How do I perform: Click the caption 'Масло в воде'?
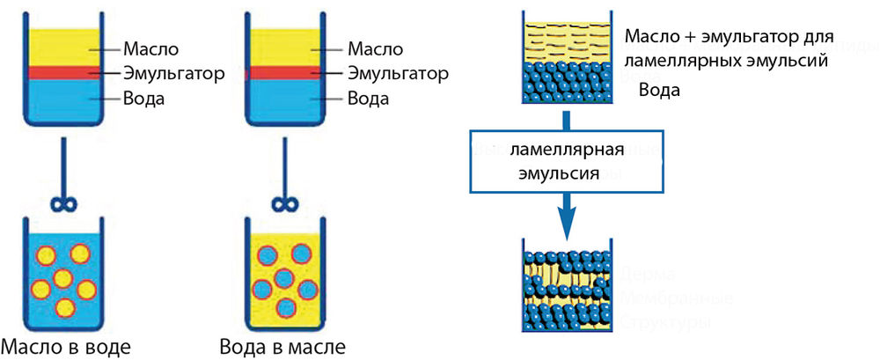[66, 346]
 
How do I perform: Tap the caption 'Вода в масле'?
[283, 346]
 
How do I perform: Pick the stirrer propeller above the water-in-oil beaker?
[283, 205]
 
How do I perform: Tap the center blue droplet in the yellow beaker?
[283, 279]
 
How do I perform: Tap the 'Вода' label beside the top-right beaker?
[659, 90]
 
